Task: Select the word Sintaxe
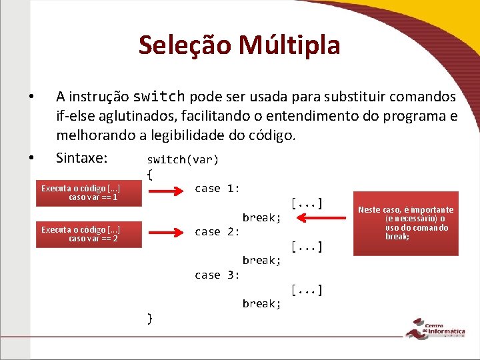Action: pos(81,158)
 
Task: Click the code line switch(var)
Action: pos(183,159)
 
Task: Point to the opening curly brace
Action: pos(150,174)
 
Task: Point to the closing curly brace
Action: pos(150,318)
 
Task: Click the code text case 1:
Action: pos(217,189)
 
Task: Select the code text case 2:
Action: pos(217,232)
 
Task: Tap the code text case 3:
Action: pos(217,275)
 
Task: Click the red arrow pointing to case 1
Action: pos(166,191)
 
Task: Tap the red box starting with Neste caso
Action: pos(406,223)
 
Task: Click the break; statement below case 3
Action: pos(261,304)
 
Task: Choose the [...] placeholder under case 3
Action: pos(307,289)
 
